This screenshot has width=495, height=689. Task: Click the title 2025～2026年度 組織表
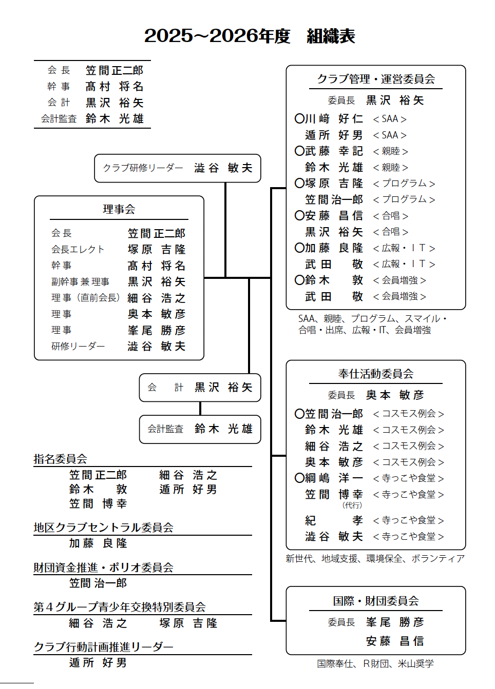(x=250, y=36)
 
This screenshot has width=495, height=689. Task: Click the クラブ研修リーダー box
(x=177, y=168)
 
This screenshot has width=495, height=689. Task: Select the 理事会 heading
(x=119, y=209)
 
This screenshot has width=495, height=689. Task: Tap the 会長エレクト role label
(x=78, y=249)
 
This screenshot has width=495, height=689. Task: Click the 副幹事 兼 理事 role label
(x=80, y=281)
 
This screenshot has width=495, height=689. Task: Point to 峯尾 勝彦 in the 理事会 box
(x=157, y=330)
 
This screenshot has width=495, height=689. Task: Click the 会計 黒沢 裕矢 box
(x=200, y=388)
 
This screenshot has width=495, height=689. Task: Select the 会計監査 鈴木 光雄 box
(x=200, y=429)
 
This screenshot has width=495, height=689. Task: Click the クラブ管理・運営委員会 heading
(x=375, y=79)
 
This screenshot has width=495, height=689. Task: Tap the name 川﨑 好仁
(x=334, y=119)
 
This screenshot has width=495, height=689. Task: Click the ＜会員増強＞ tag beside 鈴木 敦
(x=399, y=280)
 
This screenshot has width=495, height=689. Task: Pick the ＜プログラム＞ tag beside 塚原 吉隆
(x=404, y=184)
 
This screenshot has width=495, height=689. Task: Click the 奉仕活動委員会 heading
(x=375, y=374)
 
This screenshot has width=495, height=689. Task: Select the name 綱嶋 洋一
(x=334, y=478)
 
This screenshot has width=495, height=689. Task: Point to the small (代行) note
(x=352, y=505)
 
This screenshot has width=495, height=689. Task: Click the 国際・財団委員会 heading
(x=375, y=601)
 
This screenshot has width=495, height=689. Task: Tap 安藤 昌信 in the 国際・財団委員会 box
(x=395, y=641)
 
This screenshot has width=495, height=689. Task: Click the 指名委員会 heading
(x=60, y=459)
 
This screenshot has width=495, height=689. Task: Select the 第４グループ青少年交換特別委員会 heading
(x=120, y=607)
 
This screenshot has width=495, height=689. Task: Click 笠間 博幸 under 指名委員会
(x=98, y=503)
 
